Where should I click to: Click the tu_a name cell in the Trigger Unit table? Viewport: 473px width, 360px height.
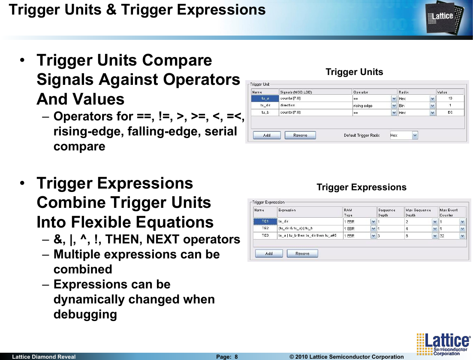point(265,98)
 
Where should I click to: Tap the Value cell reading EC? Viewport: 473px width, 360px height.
point(450,112)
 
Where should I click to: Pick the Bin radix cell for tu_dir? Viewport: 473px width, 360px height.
point(416,105)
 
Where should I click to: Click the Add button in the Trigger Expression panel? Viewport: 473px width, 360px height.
point(269,254)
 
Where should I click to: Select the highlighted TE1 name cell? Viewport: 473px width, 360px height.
point(265,221)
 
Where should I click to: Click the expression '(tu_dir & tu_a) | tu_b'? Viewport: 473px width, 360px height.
point(295,228)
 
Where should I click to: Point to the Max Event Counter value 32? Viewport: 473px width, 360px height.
point(442,236)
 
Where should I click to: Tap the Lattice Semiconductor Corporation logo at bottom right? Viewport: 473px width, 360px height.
point(443,344)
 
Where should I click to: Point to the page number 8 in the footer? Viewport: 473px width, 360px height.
point(236,357)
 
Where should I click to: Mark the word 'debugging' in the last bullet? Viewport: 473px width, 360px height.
point(85,315)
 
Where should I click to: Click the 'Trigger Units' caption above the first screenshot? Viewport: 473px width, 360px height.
point(354,72)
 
